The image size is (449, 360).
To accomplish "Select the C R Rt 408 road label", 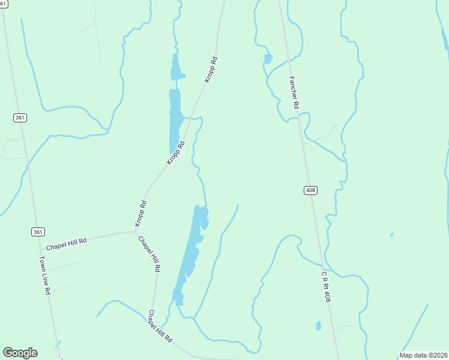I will tap(324, 286).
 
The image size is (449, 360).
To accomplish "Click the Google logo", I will tap(20, 353).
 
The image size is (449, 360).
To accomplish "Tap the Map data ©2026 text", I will tap(423, 355).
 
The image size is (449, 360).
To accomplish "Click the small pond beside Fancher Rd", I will tap(268, 58).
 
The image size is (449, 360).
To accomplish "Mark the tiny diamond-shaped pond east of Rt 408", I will tap(391, 234).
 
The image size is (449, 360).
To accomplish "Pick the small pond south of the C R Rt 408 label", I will tap(318, 326).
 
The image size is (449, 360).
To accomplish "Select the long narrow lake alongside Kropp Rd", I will tap(175, 120).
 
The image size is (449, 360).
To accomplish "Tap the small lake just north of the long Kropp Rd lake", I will tap(176, 68).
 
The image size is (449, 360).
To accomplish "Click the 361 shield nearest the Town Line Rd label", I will tap(37, 232).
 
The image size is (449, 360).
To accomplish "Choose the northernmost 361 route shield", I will tap(20, 118).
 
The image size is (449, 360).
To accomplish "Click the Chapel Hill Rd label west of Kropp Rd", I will tap(67, 244).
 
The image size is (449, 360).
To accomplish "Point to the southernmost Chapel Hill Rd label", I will tap(160, 326).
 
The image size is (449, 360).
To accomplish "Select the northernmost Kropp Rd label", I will tap(210, 70).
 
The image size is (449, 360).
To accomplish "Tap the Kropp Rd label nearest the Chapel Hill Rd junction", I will tap(140, 212).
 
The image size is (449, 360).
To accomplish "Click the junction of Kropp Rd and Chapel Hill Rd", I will tap(135, 231).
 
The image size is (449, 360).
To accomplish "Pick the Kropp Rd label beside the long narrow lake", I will tap(175, 153).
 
